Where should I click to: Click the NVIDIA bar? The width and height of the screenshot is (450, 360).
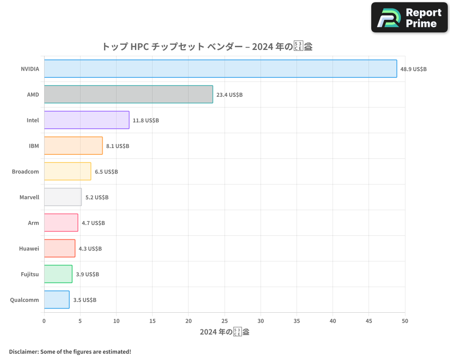point(220,69)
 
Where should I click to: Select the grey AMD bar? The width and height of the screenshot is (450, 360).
point(128,94)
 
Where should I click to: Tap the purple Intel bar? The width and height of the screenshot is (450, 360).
point(86,120)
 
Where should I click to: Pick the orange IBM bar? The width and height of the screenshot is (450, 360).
point(73,146)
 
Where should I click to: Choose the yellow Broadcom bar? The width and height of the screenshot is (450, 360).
point(67,171)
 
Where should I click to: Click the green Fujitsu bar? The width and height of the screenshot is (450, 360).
point(58,274)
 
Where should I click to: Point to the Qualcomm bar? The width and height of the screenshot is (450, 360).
point(57,300)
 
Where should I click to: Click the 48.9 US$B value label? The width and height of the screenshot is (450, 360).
point(413,69)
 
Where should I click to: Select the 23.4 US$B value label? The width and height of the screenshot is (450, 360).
point(229,95)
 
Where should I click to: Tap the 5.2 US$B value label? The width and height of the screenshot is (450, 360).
point(97,198)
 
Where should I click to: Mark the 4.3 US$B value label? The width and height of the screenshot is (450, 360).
point(90,249)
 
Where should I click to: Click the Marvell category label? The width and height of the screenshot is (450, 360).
point(29,198)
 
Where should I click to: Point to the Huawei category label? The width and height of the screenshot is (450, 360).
point(29,249)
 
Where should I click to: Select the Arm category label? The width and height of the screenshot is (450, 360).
point(33,223)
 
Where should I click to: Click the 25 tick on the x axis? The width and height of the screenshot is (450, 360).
point(225,321)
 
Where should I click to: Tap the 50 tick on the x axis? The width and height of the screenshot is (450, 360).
point(405,321)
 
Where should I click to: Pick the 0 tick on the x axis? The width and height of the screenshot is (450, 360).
point(44,321)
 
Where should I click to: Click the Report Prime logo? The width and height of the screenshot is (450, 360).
point(409,18)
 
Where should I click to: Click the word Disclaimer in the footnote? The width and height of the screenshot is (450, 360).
point(23,351)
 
